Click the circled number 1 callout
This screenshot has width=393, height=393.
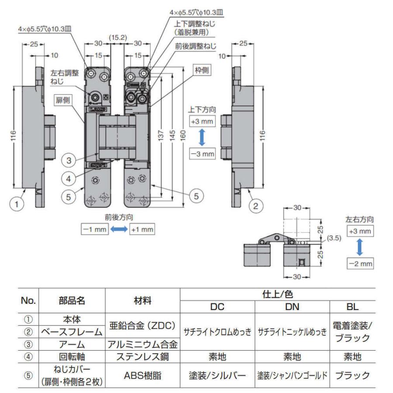click(x=16, y=204)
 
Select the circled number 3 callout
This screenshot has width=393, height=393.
click(x=69, y=160)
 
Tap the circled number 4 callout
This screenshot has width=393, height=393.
click(x=69, y=178)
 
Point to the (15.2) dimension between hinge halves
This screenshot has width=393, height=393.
click(x=118, y=38)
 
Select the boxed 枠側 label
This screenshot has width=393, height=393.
click(x=201, y=70)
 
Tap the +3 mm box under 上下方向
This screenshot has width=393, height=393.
click(x=202, y=121)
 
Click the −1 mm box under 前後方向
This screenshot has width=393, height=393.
click(x=94, y=229)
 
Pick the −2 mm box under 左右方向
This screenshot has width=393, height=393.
click(x=360, y=264)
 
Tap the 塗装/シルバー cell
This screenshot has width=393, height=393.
click(x=217, y=375)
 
